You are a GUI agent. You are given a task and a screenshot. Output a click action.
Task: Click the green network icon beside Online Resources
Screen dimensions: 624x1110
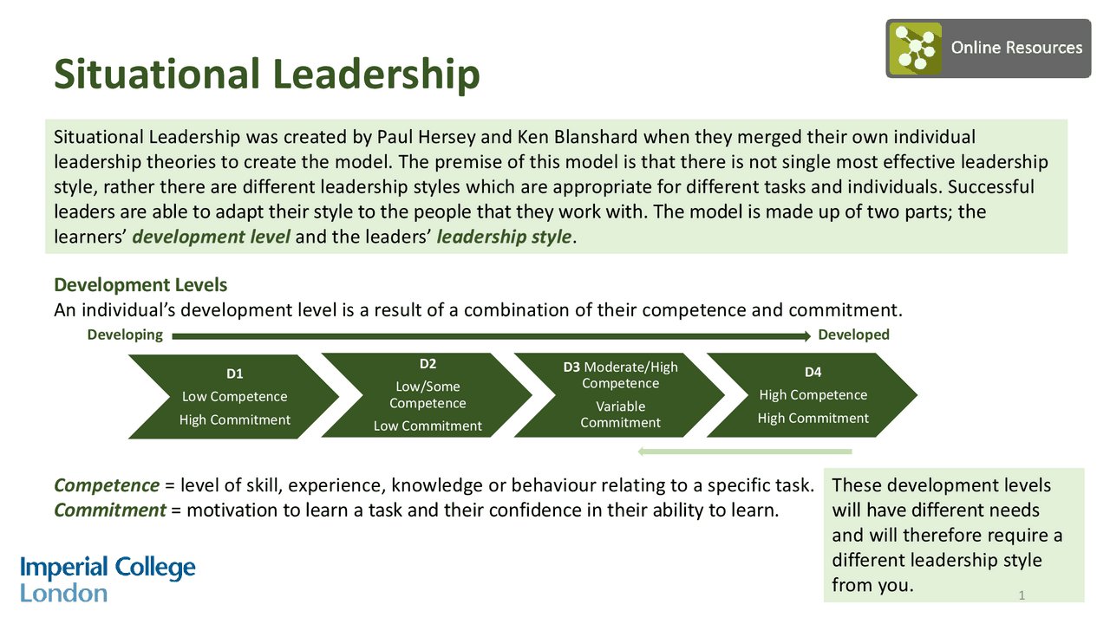[x=913, y=49]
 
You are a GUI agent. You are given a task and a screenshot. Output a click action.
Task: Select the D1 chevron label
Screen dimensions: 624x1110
[x=234, y=374]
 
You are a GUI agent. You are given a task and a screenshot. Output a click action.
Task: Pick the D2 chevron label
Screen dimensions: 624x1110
[x=428, y=363]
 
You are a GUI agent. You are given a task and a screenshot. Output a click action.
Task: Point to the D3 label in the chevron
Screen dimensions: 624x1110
[x=571, y=367]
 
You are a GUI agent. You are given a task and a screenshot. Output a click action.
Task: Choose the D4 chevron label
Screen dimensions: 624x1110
[x=813, y=372]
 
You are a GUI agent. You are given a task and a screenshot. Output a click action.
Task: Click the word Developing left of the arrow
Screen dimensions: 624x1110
[x=125, y=335]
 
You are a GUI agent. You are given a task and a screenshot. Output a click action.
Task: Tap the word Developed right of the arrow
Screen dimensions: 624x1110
[x=853, y=335]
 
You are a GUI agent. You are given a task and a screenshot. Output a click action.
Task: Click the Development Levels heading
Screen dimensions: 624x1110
[x=140, y=285]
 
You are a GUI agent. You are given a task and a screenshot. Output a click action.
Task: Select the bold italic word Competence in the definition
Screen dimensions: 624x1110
[x=107, y=485]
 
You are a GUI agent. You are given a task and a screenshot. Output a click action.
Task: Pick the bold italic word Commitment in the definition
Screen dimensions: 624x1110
[x=110, y=510]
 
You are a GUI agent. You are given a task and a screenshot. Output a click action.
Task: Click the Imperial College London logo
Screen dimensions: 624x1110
[x=108, y=580]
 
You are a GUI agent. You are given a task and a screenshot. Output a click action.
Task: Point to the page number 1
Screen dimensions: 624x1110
[x=1022, y=595]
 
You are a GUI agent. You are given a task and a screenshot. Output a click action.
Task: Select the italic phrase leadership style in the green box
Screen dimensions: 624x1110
[x=504, y=237]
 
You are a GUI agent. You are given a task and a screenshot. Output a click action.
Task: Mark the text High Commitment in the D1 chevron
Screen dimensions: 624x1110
[x=234, y=419]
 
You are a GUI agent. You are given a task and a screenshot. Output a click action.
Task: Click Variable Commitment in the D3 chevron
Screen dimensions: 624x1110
[x=620, y=414]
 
